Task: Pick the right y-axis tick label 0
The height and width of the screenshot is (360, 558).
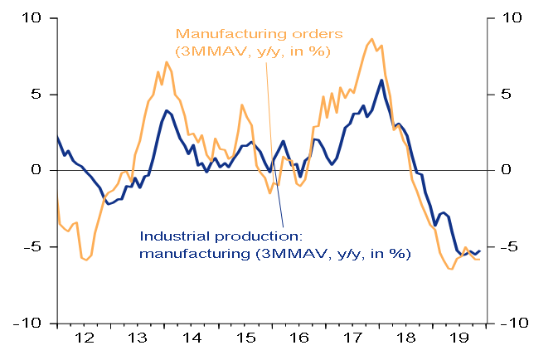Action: click(x=510, y=170)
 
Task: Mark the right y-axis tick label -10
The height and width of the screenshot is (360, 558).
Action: click(x=517, y=323)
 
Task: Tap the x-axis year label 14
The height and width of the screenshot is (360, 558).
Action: click(x=192, y=339)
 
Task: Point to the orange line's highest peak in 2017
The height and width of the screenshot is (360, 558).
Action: click(x=372, y=39)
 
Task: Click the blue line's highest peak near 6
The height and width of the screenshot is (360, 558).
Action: click(x=381, y=80)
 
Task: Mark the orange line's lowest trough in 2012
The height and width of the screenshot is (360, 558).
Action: click(x=87, y=260)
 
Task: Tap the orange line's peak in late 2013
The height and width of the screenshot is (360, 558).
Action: click(x=167, y=62)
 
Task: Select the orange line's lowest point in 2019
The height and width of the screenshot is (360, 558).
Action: click(x=450, y=269)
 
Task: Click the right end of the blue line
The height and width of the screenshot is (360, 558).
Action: click(x=480, y=251)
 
